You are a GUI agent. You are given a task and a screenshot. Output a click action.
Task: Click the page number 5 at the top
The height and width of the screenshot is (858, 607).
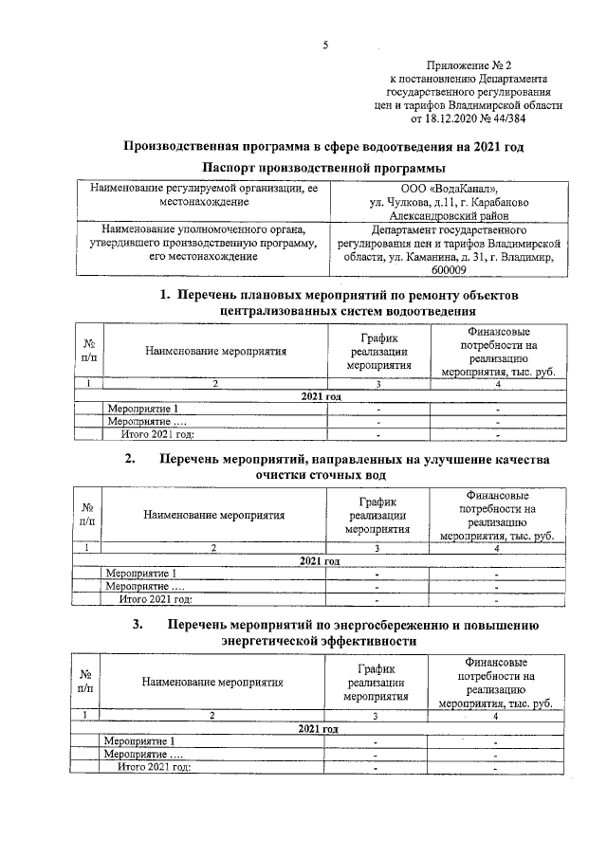(325, 45)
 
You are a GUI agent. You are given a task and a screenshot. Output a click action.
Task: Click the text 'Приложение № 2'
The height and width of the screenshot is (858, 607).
(468, 64)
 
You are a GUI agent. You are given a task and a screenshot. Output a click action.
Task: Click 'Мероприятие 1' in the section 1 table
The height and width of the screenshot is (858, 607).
(143, 409)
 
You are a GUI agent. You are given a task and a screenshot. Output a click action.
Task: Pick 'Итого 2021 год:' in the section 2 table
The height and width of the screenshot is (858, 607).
(156, 599)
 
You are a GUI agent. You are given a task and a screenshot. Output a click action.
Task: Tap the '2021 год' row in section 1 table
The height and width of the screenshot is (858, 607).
(321, 396)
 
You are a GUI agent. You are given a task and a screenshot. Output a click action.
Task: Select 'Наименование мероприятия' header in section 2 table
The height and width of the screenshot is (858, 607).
(214, 516)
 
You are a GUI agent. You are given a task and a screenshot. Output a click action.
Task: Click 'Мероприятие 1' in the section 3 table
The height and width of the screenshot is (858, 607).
(139, 740)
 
